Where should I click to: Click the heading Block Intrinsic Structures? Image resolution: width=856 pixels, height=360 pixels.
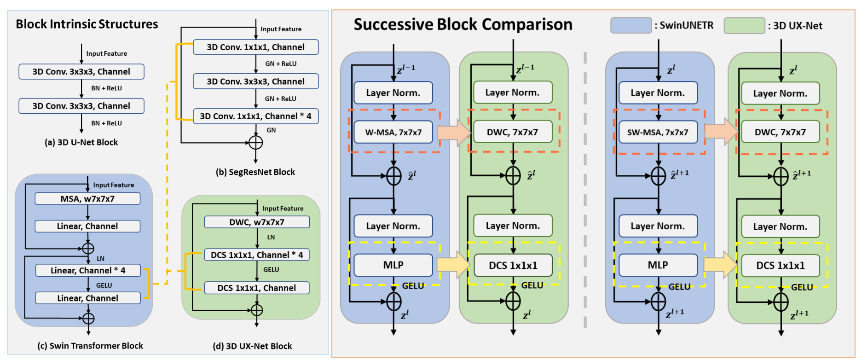pos(87,24)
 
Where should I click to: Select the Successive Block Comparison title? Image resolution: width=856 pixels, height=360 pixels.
pos(463,24)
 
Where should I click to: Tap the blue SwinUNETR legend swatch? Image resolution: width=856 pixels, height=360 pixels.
pos(630,25)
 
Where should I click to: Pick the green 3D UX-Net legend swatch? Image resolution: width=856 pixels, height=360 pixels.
pos(744,26)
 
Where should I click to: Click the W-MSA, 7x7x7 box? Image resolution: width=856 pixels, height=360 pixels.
pos(393,133)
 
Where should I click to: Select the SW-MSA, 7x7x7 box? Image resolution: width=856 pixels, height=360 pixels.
pos(658,133)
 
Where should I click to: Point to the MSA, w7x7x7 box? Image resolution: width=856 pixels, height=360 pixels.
pos(87,199)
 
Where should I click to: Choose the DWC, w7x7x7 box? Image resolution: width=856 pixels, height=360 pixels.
pos(257,222)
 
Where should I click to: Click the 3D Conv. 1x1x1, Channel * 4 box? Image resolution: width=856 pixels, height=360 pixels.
pos(255,116)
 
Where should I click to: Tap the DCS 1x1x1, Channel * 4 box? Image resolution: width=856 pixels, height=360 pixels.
pos(257,255)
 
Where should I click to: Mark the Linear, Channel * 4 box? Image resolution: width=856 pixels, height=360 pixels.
pos(88,271)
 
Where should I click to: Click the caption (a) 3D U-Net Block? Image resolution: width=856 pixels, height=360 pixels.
pos(81,143)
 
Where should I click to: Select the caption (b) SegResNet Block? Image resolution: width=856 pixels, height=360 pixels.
pos(255,172)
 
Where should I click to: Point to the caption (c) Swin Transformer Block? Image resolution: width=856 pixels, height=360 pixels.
pos(90,346)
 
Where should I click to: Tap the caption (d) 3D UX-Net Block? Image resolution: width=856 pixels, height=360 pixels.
pos(252,346)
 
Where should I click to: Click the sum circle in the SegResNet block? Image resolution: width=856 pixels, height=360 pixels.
pos(255,143)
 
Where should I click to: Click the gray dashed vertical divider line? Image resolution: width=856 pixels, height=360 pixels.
pos(585,189)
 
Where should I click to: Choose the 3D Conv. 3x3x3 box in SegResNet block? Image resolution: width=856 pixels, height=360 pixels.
pos(255,81)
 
